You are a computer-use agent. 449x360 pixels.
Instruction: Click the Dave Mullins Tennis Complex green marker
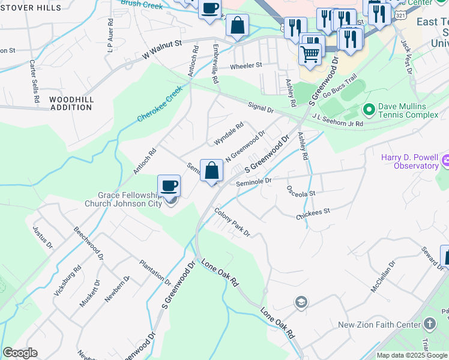pyautogui.click(x=369, y=110)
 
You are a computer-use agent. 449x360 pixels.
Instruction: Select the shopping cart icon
pyautogui.click(x=310, y=54)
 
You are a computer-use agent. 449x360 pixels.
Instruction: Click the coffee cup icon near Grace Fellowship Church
pyautogui.click(x=169, y=185)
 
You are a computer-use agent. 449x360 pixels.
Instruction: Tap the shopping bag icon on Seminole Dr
pyautogui.click(x=211, y=170)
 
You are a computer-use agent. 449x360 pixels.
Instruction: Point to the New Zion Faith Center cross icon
pyautogui.click(x=429, y=325)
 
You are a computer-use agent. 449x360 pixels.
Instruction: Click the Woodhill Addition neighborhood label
pyautogui.click(x=71, y=103)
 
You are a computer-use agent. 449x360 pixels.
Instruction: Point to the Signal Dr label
pyautogui.click(x=261, y=108)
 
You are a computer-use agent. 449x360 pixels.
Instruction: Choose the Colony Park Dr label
pyautogui.click(x=232, y=221)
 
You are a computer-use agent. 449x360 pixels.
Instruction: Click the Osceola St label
pyautogui.click(x=301, y=194)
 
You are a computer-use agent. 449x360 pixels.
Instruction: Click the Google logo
pyautogui.click(x=20, y=353)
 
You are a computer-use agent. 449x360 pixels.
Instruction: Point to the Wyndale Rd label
pyautogui.click(x=229, y=134)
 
